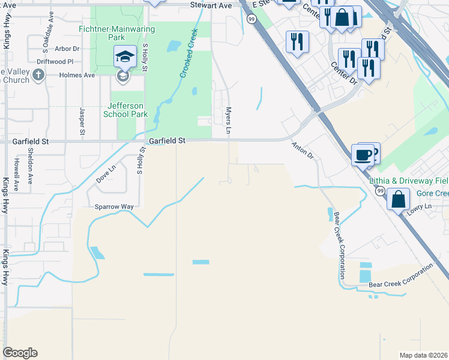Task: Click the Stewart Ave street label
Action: click(x=211, y=5)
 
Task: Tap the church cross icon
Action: click(x=38, y=75)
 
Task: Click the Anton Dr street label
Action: click(x=303, y=151)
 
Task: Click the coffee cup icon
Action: click(x=363, y=155)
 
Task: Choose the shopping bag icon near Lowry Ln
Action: click(x=398, y=198)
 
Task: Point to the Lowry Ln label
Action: click(x=419, y=206)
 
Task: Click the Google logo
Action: click(x=20, y=353)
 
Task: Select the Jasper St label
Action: click(x=83, y=121)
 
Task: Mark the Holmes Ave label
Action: click(x=77, y=76)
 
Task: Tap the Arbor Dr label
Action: click(x=67, y=49)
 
